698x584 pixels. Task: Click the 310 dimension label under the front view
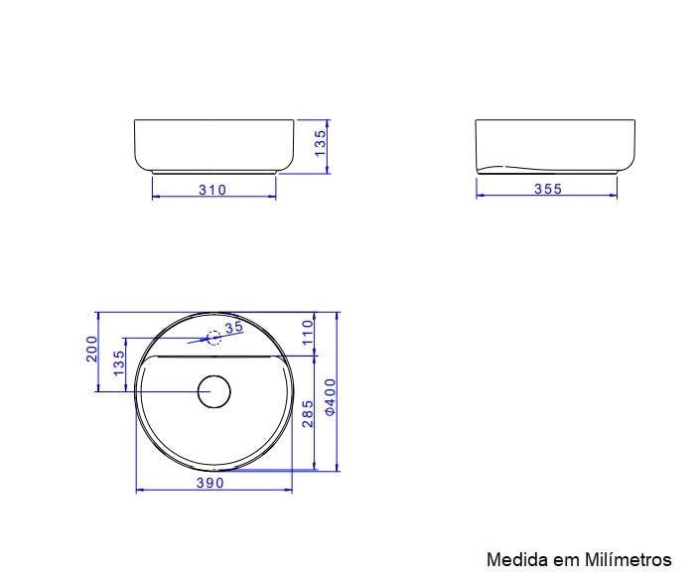(212, 189)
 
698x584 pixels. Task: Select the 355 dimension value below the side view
(547, 189)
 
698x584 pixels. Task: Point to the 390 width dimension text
(209, 483)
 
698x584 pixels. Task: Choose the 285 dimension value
(307, 412)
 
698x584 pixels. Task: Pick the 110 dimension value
(307, 331)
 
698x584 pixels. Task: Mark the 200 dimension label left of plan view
(92, 350)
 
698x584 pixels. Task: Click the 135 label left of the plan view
(119, 364)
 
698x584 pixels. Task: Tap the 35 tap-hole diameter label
(234, 327)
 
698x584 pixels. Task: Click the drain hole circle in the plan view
(213, 391)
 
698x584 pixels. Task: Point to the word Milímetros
(628, 559)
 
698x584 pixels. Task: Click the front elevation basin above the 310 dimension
(213, 145)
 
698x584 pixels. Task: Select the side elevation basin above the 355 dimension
(554, 145)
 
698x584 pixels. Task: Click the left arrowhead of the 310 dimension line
(155, 196)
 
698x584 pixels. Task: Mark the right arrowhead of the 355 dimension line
(614, 196)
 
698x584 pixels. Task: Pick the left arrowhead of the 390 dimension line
(138, 490)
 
